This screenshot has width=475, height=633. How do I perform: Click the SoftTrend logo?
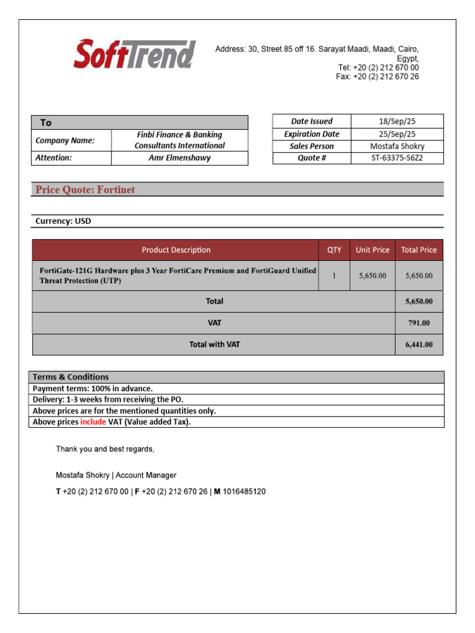point(135,54)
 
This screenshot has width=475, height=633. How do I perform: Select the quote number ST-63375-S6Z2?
point(397,158)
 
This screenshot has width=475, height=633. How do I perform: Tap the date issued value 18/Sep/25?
point(397,121)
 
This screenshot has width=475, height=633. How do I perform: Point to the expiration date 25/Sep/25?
point(397,134)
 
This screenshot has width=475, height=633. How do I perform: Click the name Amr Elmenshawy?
point(179,158)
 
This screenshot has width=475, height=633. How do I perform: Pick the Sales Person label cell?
point(312,146)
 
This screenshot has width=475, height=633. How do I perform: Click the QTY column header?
point(334,250)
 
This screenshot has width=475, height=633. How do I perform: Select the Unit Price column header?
point(372,250)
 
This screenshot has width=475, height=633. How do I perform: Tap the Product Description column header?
point(176,250)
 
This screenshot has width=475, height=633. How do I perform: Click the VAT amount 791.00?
point(419,323)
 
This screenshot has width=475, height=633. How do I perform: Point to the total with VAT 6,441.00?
point(419,345)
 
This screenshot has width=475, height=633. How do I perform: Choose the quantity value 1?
point(334,276)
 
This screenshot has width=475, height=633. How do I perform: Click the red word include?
point(93,422)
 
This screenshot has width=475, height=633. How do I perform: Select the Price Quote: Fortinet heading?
point(85,190)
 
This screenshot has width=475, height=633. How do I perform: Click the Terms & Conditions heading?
point(71,377)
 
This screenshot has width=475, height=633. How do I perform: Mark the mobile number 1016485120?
point(244,491)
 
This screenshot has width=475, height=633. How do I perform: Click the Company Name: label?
point(65,140)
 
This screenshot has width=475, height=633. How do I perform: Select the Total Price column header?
point(419,250)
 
